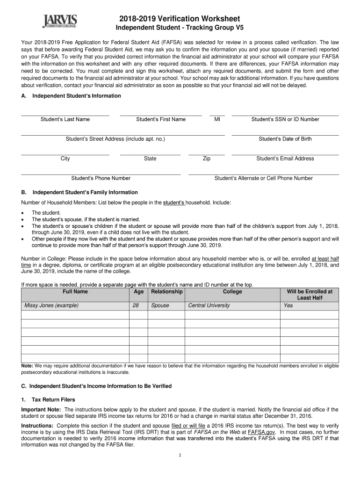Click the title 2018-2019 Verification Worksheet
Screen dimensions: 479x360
(x=180, y=19)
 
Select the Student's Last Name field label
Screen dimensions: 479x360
(x=65, y=119)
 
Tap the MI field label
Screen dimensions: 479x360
(x=217, y=119)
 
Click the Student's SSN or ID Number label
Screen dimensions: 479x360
(x=285, y=119)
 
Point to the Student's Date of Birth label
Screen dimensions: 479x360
(x=285, y=139)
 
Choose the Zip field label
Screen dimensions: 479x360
(x=206, y=159)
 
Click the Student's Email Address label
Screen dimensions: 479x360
(x=285, y=159)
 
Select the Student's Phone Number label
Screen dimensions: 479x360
(x=101, y=178)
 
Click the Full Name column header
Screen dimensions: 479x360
(x=75, y=291)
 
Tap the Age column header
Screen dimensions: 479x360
(x=138, y=291)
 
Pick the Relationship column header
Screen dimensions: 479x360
(x=166, y=291)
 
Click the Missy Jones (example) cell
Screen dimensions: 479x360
(x=51, y=305)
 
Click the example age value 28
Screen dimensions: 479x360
(x=136, y=305)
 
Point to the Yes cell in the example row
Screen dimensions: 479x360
(x=288, y=305)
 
